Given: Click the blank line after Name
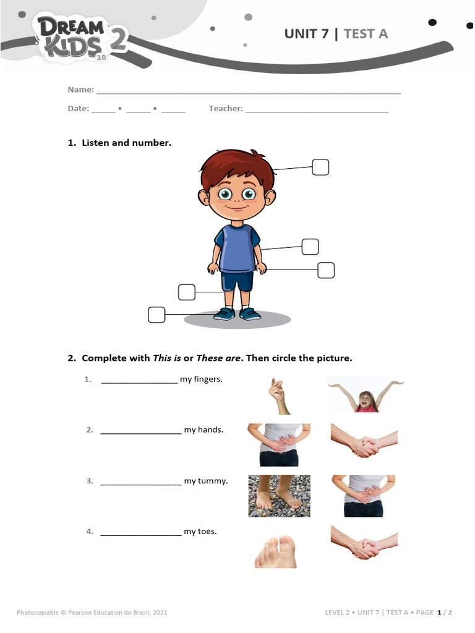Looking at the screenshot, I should point(248,91).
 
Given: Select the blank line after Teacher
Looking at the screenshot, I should point(317,110).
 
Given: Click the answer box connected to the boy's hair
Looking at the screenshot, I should point(320,168).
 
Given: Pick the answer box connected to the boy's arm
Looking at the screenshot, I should point(310,247).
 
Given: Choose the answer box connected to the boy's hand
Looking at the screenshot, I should point(326,270).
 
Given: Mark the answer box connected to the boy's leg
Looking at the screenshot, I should point(186,292).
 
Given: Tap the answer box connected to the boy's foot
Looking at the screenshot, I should point(157,315).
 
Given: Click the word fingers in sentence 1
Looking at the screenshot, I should point(208,380).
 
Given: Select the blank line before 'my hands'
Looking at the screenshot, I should point(140,431).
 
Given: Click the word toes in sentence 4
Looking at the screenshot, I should point(208,532).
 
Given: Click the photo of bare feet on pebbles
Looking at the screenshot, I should point(279,496).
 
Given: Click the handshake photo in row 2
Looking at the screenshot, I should point(364,444).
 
